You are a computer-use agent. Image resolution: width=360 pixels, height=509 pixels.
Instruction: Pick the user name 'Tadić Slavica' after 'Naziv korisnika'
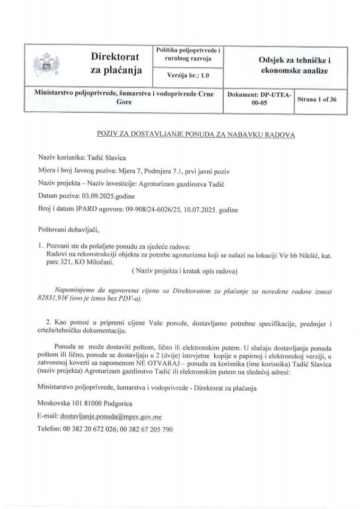pyautogui.click(x=107, y=157)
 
